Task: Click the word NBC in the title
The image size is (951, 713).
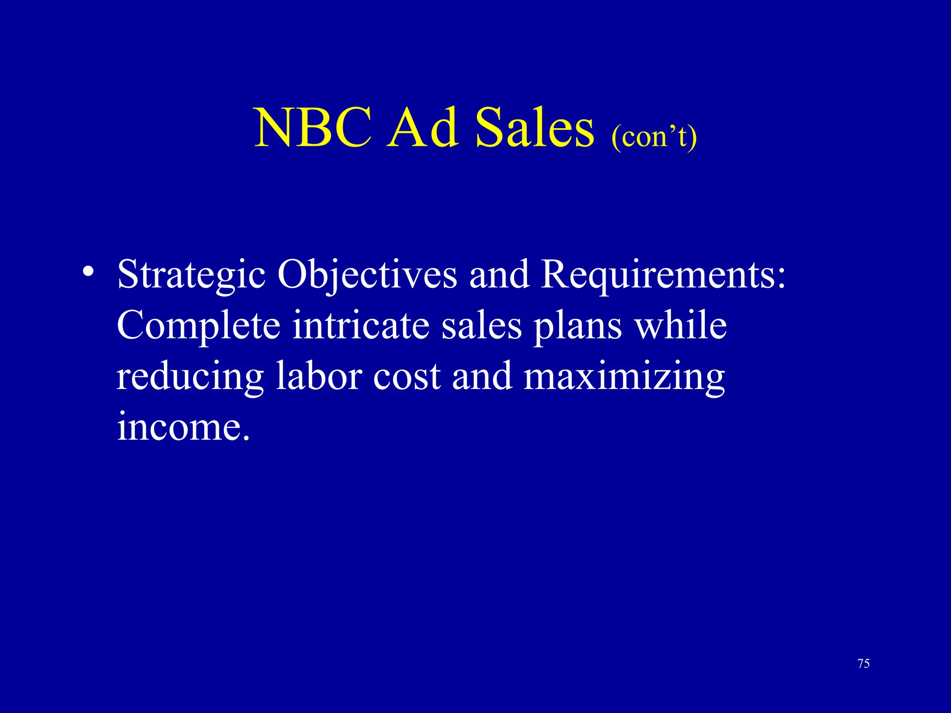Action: [x=313, y=128]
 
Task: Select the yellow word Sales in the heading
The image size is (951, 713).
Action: [x=534, y=128]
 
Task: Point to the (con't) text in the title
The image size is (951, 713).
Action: [x=654, y=137]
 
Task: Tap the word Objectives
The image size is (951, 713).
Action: [x=367, y=275]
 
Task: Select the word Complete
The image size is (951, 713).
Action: [x=199, y=326]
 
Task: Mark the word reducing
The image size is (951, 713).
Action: [x=190, y=377]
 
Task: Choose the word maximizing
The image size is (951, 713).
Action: [x=624, y=377]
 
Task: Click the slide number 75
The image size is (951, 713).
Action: [x=863, y=663]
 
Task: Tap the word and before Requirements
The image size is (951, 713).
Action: [x=499, y=275]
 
